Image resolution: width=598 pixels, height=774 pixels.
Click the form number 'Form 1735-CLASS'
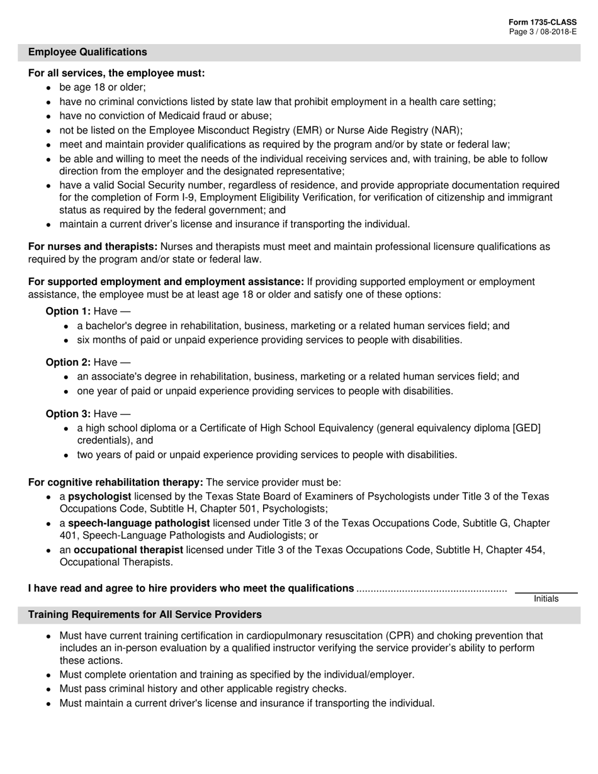[542, 22]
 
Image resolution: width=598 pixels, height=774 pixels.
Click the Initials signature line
[546, 592]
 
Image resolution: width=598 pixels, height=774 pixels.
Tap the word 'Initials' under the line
[546, 599]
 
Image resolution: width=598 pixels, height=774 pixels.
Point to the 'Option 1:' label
[68, 311]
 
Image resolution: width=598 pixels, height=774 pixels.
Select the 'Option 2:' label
[68, 362]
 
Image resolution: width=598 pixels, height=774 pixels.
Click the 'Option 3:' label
[68, 413]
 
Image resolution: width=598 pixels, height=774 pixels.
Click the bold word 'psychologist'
[99, 496]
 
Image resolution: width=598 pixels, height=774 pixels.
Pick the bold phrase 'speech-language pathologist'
[139, 524]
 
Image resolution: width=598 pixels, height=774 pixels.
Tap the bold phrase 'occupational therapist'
[128, 550]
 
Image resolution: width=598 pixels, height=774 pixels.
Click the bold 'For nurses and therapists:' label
[93, 247]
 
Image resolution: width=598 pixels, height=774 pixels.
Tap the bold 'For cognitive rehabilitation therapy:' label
[115, 483]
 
